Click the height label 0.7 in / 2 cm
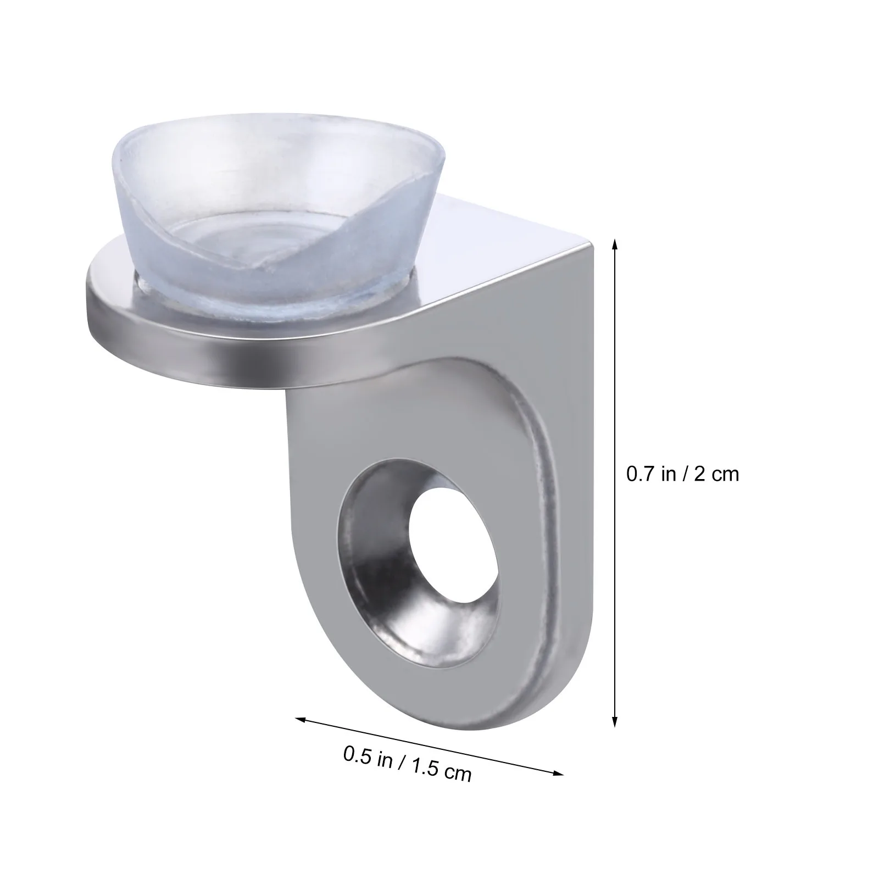coord(683,474)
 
